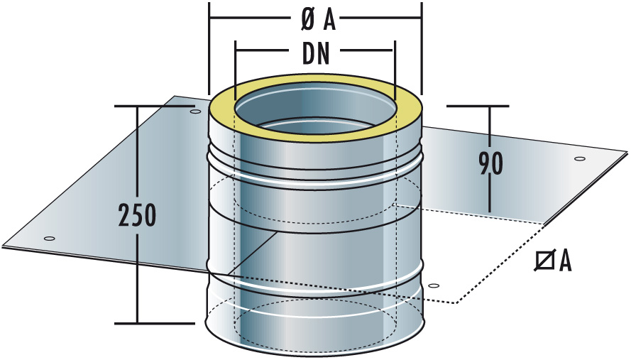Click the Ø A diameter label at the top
click(x=317, y=21)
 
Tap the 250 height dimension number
click(x=138, y=215)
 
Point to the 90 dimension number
click(x=490, y=163)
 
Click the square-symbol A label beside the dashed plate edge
click(x=554, y=262)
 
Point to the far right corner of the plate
click(x=627, y=152)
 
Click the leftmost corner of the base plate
click(x=3, y=248)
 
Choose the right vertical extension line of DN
click(x=394, y=67)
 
